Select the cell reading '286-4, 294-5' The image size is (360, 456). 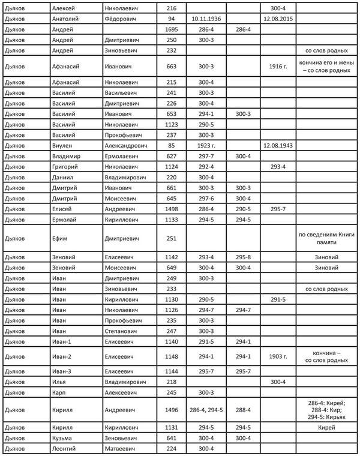(x=206, y=410)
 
